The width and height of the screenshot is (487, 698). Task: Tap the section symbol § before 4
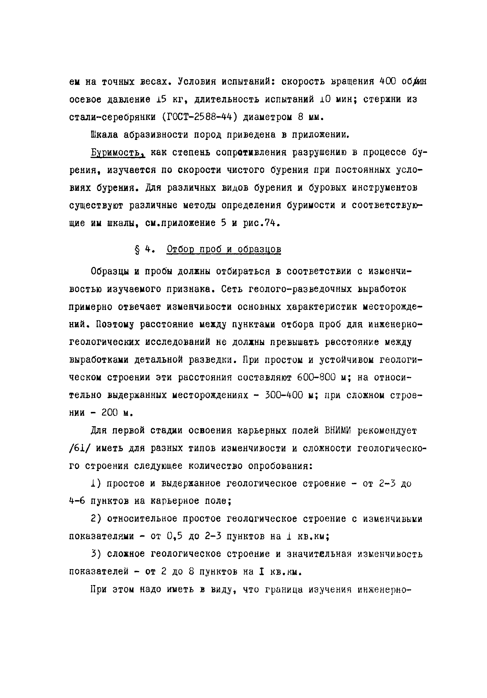pyautogui.click(x=137, y=250)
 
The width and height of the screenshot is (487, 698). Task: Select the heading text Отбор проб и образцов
pyautogui.click(x=224, y=250)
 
